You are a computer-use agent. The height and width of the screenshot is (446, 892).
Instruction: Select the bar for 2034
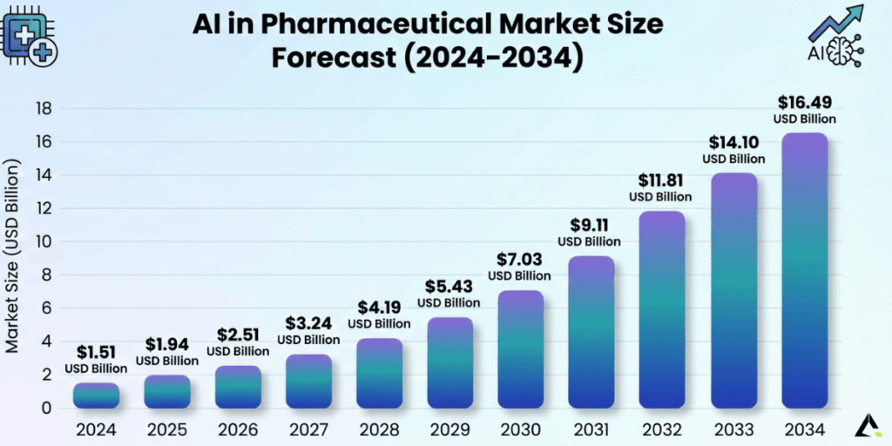(x=805, y=270)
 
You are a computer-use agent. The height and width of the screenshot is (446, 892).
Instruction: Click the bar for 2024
(x=96, y=395)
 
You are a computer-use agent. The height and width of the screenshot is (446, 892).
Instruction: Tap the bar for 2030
(x=521, y=348)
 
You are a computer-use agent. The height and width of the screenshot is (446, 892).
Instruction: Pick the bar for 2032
(x=663, y=309)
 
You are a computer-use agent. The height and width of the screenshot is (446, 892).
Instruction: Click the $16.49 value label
(x=805, y=103)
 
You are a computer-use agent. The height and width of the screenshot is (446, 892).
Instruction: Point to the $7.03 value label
(x=520, y=260)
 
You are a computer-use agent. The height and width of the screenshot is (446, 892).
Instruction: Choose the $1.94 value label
(x=166, y=345)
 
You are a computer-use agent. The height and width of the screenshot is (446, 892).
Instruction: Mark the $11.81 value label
(x=661, y=180)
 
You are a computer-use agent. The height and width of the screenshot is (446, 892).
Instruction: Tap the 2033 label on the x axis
(x=733, y=429)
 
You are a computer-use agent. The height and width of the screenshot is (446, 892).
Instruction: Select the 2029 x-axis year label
(x=449, y=429)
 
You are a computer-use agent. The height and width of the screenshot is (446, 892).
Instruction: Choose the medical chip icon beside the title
(x=30, y=37)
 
